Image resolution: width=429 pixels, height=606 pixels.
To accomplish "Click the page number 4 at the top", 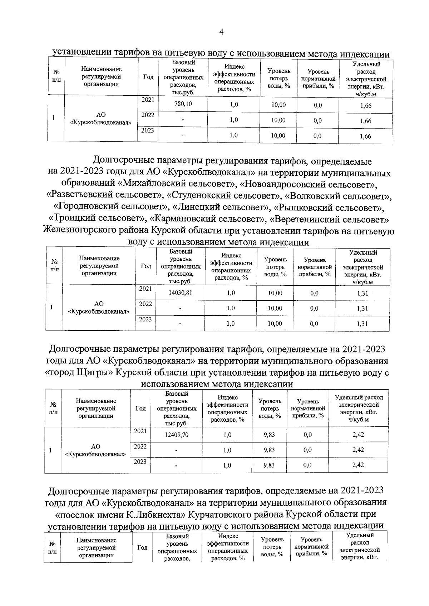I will [221, 32].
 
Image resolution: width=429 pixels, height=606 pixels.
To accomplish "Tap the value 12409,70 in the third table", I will [177, 435].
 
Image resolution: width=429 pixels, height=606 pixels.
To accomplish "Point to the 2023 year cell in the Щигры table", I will [140, 462].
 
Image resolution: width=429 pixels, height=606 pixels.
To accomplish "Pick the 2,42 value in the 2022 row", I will [358, 450].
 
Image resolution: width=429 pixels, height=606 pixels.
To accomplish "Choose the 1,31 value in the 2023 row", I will [363, 324].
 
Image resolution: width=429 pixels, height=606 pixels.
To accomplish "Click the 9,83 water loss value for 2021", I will [269, 435].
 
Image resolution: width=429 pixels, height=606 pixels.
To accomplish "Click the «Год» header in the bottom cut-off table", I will [142, 547].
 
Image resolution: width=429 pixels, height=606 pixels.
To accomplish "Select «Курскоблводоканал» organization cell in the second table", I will [99, 307].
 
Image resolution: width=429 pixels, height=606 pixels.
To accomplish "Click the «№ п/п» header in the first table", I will [56, 76].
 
